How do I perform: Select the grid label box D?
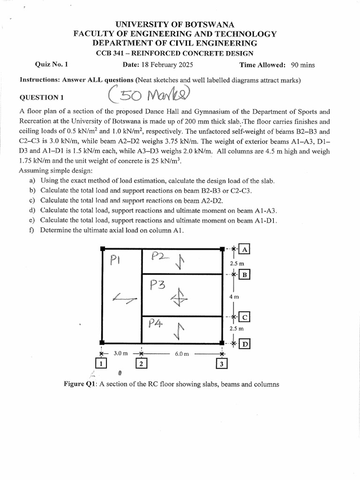245,345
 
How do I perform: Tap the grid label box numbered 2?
141,363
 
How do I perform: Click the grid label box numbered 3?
221,363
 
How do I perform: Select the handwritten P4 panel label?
155,323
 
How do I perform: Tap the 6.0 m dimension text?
182,354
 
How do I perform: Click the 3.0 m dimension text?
120,353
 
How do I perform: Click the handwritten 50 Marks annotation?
148,96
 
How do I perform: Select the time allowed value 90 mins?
303,65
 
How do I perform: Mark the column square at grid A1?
102,249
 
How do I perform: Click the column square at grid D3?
221,343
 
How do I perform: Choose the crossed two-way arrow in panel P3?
180,296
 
